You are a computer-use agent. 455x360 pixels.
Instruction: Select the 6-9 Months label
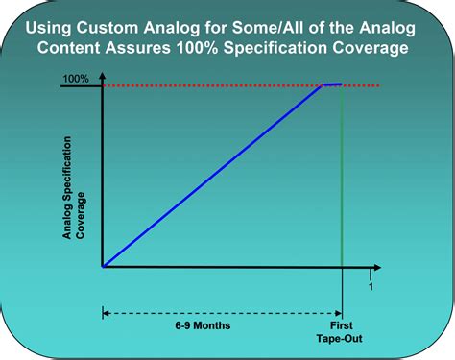[203, 325]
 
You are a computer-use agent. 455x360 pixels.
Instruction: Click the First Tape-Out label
[342, 333]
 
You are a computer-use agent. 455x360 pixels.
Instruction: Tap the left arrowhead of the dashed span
[106, 311]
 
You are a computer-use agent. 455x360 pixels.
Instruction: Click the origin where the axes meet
[103, 268]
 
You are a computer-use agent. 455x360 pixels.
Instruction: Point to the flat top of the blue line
[332, 84]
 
